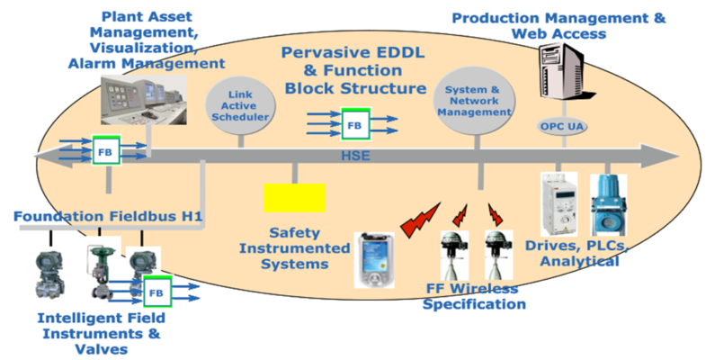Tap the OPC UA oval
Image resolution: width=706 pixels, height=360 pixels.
click(x=564, y=126)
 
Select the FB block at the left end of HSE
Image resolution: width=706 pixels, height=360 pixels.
click(x=106, y=151)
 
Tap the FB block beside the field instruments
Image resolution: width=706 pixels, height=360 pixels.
click(x=156, y=292)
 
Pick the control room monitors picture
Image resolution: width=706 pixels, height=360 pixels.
click(x=143, y=100)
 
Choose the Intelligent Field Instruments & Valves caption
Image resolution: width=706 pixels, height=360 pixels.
click(x=88, y=333)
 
